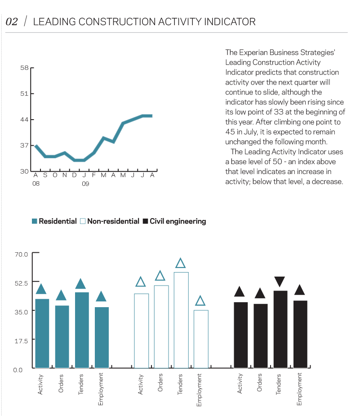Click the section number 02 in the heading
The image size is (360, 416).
12,22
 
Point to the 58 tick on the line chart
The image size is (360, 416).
24,68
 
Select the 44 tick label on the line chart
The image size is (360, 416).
24,120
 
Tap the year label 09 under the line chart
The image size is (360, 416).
85,184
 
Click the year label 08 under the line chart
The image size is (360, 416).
36,184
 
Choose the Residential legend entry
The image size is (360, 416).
54,221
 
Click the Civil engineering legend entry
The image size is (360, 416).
174,221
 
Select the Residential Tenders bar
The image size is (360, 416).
82,330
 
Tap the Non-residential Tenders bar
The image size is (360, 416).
181,320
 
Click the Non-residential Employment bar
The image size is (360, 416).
201,339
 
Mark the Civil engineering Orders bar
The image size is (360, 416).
261,336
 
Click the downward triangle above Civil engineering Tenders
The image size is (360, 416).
280,282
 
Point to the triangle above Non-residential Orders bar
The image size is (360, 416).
160,276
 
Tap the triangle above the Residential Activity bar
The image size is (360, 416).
41,289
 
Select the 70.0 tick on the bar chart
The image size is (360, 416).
21,254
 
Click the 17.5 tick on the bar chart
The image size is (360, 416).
21,340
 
